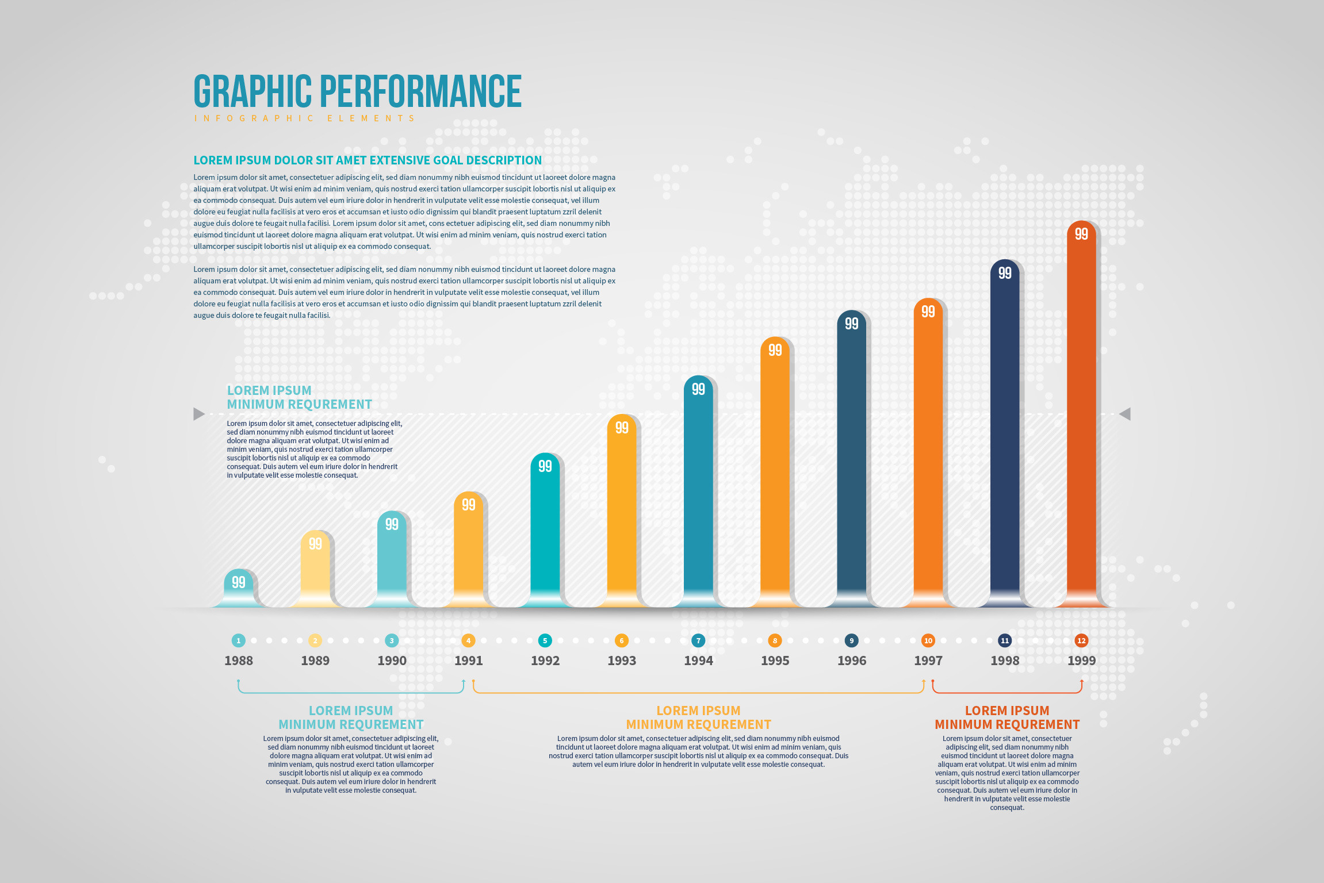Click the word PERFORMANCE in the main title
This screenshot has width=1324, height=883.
[x=420, y=91]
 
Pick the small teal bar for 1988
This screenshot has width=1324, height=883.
[x=238, y=589]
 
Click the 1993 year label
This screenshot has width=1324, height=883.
[x=622, y=661]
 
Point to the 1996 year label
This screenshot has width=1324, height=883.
[x=852, y=661]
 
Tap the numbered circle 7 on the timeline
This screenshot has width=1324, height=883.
[x=698, y=640]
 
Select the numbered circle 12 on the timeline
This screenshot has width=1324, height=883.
[x=1081, y=640]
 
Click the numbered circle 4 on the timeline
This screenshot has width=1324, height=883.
[x=468, y=640]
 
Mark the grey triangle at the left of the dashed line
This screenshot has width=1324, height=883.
[x=199, y=414]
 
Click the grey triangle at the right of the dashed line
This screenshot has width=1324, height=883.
[x=1125, y=414]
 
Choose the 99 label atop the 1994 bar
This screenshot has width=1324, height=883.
[x=698, y=389]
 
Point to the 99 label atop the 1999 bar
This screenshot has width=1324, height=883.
[x=1081, y=234]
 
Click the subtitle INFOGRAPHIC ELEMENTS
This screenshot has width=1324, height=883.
[x=305, y=118]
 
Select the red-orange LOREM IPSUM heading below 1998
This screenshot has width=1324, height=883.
[x=1007, y=711]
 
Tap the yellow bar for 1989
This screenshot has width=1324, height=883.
[x=315, y=569]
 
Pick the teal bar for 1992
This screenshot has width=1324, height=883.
[x=545, y=529]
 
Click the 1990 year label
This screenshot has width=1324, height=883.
[x=392, y=661]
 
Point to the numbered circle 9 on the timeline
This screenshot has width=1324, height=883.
[x=852, y=640]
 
